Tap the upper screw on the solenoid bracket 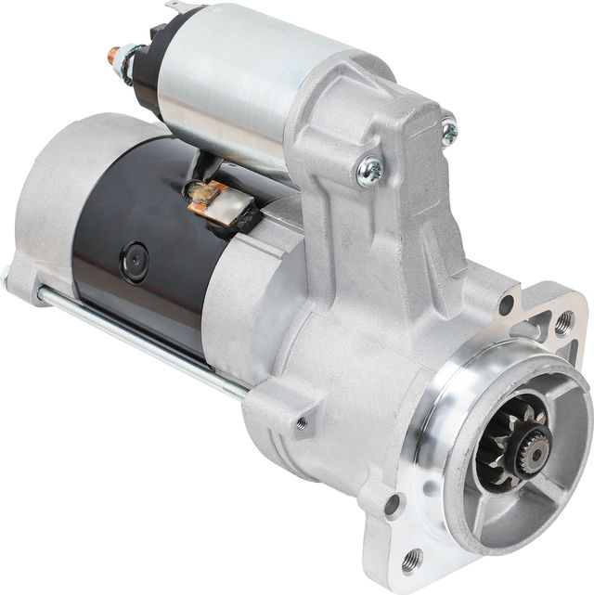(x=448, y=129)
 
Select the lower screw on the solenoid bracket (x=369, y=169)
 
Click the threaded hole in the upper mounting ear (x=562, y=324)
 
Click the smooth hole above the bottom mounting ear (x=394, y=507)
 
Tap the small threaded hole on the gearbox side (x=302, y=423)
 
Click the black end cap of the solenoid (x=144, y=70)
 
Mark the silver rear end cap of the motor (x=46, y=204)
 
